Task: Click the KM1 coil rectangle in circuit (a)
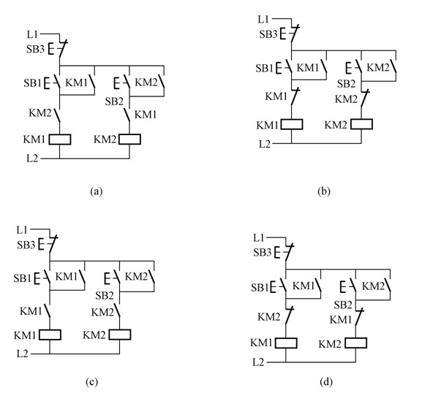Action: [60, 139]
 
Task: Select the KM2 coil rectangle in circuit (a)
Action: [129, 139]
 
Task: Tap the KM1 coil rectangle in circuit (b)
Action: [292, 124]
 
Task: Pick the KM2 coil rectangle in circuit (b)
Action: [362, 124]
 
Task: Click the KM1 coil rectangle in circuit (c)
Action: [50, 335]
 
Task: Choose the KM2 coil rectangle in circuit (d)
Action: [355, 343]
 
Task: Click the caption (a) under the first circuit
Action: [97, 191]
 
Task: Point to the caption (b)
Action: [324, 191]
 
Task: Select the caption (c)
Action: [91, 382]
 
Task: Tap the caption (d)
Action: [326, 382]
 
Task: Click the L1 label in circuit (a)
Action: [32, 34]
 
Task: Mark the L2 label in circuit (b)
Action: [265, 145]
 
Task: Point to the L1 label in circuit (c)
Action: [22, 230]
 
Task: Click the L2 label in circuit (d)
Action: [258, 362]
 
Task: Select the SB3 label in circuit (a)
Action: [35, 49]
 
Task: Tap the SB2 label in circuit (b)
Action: [347, 84]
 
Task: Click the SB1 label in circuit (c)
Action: [23, 278]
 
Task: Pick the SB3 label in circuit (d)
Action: [262, 252]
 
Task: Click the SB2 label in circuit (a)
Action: [114, 102]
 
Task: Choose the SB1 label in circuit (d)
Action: [260, 288]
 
